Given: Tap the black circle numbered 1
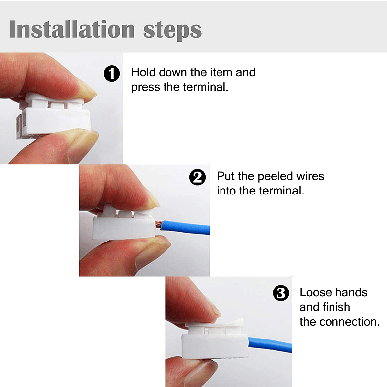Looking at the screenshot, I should click(111, 74).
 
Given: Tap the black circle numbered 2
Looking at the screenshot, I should click(198, 177).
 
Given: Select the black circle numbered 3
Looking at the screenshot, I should click(281, 293).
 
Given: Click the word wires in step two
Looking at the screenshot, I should click(308, 176).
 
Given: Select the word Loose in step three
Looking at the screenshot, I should click(316, 292).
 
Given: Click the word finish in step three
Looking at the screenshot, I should click(337, 307).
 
